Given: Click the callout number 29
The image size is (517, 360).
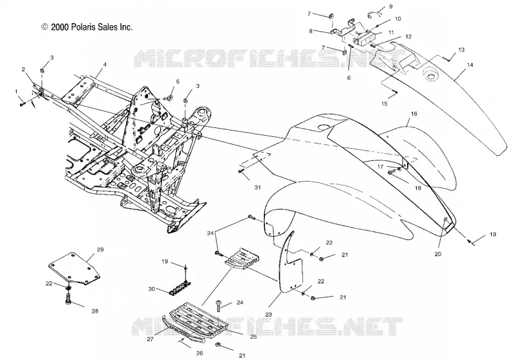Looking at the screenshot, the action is tap(100, 249).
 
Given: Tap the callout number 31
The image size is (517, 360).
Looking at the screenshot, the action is tap(257, 187).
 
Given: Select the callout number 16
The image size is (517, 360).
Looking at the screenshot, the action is tap(414, 114).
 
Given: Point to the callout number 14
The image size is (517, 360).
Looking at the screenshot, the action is tap(470, 65).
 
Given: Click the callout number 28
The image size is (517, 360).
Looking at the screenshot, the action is tap(95, 311).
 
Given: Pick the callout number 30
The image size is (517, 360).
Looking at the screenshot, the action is tap(152, 289).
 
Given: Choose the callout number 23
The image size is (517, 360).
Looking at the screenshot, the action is tap(268, 315).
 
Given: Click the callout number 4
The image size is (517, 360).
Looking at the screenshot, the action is tap(105, 65).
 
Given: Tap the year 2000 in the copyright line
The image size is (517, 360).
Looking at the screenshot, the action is tap(59, 27).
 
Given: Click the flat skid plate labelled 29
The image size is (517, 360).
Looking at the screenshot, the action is tap(74, 268).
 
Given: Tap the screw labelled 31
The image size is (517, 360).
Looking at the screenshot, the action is tap(240, 171).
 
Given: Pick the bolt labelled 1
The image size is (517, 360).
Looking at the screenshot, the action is tap(23, 104).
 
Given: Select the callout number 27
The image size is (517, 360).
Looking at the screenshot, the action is tap(151, 338).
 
